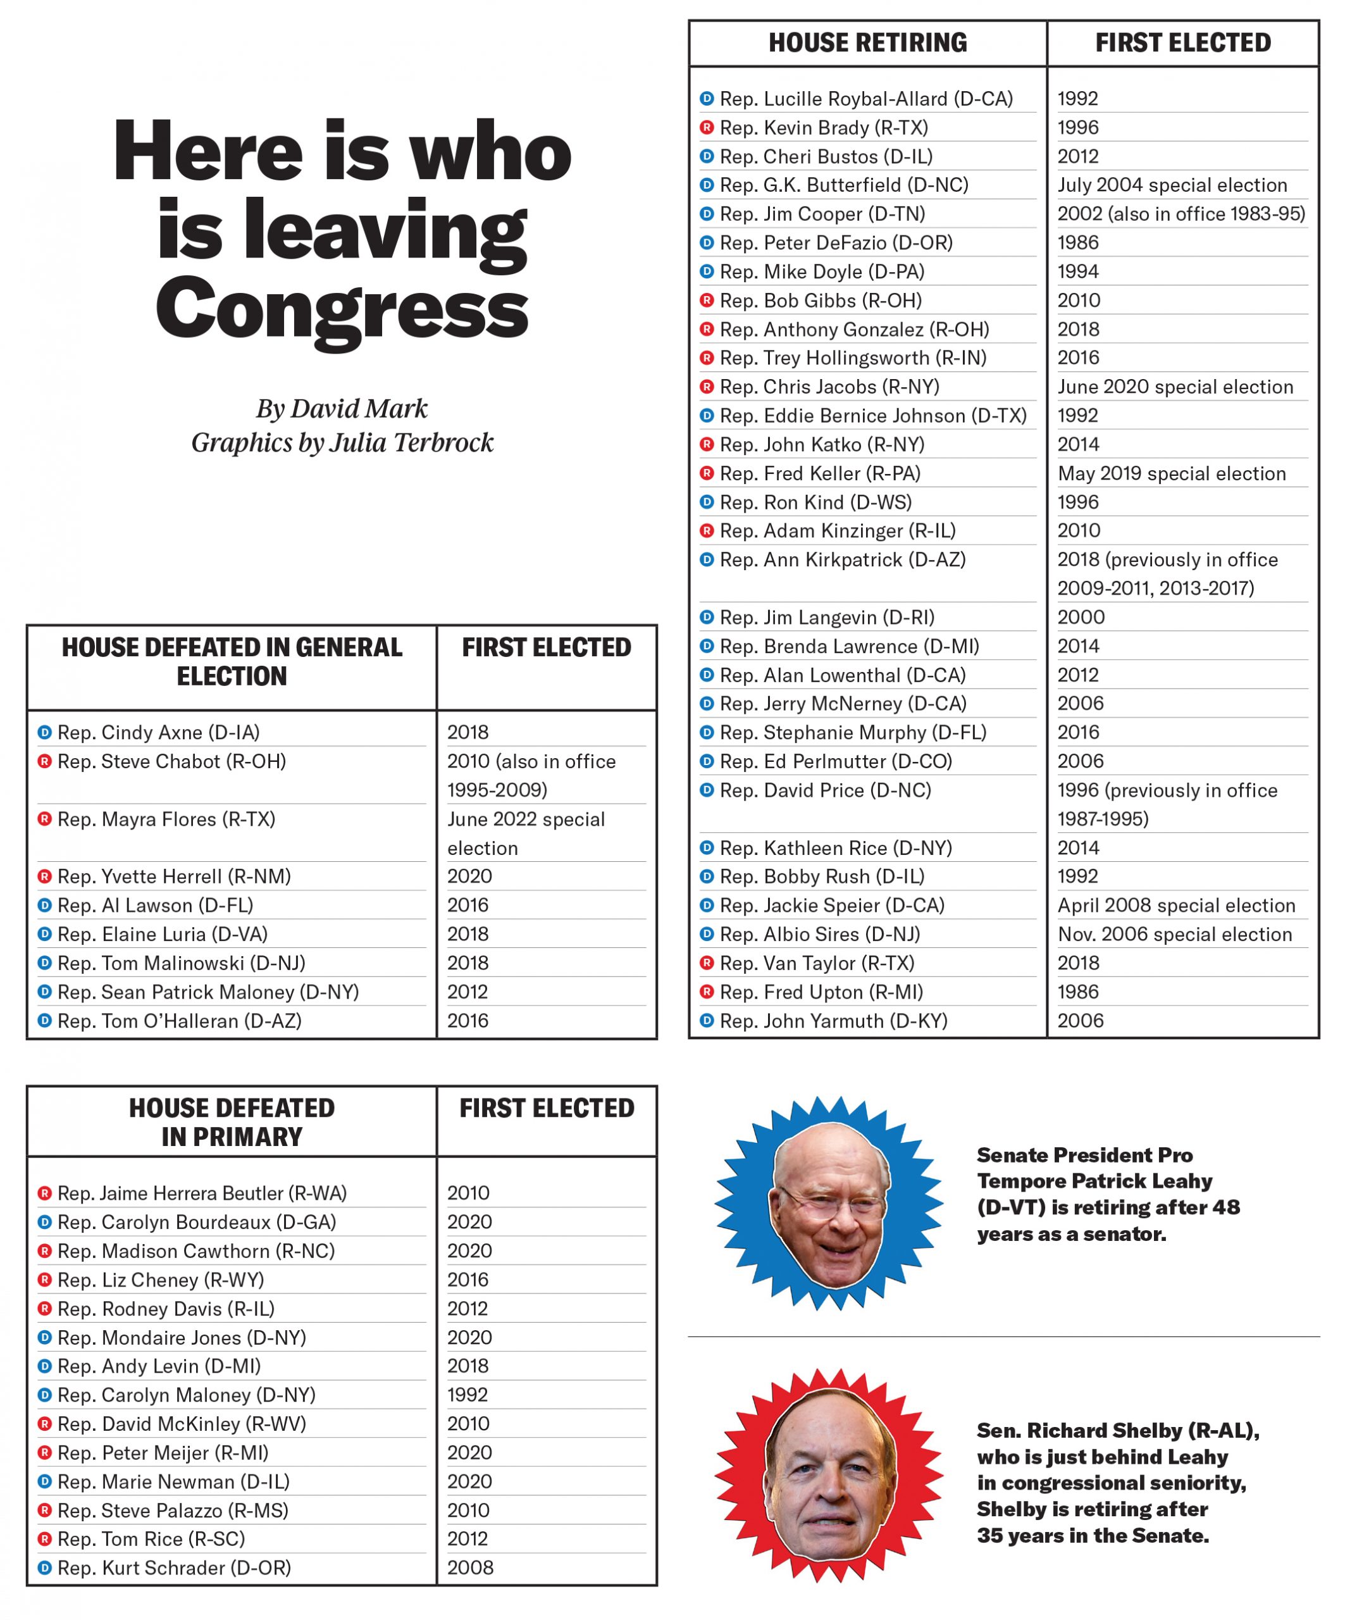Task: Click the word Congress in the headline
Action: click(x=342, y=309)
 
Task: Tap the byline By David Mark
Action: click(x=342, y=408)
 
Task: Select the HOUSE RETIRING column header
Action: click(x=867, y=43)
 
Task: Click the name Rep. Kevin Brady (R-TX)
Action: click(x=824, y=127)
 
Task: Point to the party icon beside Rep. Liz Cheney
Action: click(x=45, y=1280)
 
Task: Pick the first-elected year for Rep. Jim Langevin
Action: click(x=1081, y=617)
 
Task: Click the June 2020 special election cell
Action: click(x=1175, y=387)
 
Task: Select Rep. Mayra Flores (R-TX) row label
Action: click(x=166, y=819)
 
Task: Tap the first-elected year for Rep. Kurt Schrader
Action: click(x=469, y=1567)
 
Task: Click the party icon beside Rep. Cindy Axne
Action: click(x=45, y=732)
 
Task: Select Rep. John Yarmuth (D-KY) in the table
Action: click(x=833, y=1021)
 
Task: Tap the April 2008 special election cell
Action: click(x=1176, y=905)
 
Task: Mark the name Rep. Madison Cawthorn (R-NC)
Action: click(x=196, y=1250)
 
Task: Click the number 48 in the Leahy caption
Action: click(x=1225, y=1207)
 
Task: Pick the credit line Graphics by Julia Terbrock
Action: click(x=342, y=442)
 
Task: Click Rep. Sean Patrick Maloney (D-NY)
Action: click(x=208, y=992)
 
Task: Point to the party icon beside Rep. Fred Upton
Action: click(x=707, y=992)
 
